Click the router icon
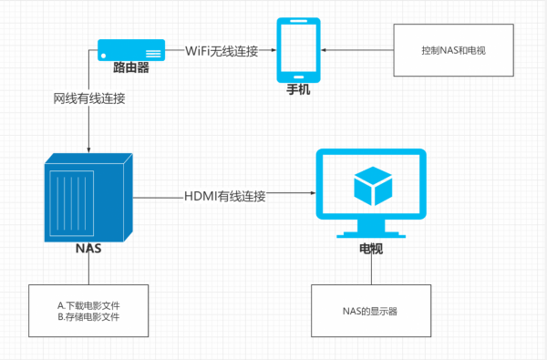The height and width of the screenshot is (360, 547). [131, 47]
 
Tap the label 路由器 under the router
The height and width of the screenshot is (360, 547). [131, 67]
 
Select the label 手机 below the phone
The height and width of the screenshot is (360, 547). [299, 90]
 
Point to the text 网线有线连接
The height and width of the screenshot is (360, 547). [89, 98]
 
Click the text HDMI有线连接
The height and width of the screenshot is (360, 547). [224, 194]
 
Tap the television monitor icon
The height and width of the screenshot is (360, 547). [370, 187]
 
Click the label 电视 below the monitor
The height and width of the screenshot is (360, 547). [369, 247]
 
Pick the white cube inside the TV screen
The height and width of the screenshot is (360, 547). [370, 185]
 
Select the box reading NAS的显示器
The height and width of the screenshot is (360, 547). [369, 311]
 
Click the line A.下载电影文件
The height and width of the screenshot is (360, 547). [88, 303]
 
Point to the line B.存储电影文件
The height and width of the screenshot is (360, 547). [88, 316]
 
